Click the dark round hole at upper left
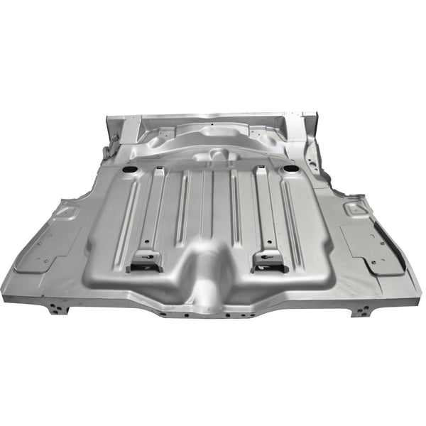(x=129, y=171)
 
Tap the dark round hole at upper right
(x=289, y=170)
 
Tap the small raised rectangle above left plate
(x=65, y=211)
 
